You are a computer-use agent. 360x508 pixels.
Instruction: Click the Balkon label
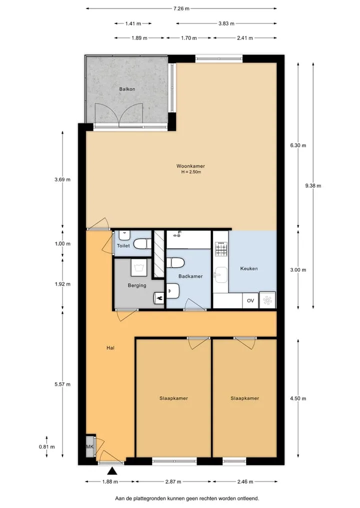pos(127,89)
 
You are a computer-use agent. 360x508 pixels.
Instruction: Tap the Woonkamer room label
pos(190,166)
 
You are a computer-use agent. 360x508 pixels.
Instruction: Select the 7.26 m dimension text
pos(181,9)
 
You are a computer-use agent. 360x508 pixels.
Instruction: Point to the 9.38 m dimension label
pos(313,186)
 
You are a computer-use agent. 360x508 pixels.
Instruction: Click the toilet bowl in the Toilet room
pos(142,244)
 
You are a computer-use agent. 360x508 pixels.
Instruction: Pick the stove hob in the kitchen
pos(221,249)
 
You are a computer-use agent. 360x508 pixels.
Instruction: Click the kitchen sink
pos(221,275)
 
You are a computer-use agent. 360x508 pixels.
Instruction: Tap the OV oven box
pos(250,301)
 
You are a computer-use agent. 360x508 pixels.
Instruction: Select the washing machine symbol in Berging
pos(139,267)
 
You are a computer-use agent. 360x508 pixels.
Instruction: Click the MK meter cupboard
pos(90,447)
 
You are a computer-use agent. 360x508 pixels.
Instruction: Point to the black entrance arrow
pos(112,471)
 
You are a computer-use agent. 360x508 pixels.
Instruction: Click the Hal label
pos(110,348)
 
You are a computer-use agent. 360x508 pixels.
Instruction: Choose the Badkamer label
pos(190,276)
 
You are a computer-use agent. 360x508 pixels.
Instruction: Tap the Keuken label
pos(249,269)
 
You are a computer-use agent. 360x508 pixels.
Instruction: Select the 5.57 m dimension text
pos(62,384)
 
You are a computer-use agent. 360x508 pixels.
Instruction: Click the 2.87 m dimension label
pos(173,482)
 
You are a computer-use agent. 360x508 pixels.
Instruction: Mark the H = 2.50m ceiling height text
pos(191,172)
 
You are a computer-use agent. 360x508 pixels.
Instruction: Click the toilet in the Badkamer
pos(175,262)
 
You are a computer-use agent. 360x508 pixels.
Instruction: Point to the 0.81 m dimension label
pos(46,447)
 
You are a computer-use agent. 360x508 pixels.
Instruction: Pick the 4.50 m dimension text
pos(298,399)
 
